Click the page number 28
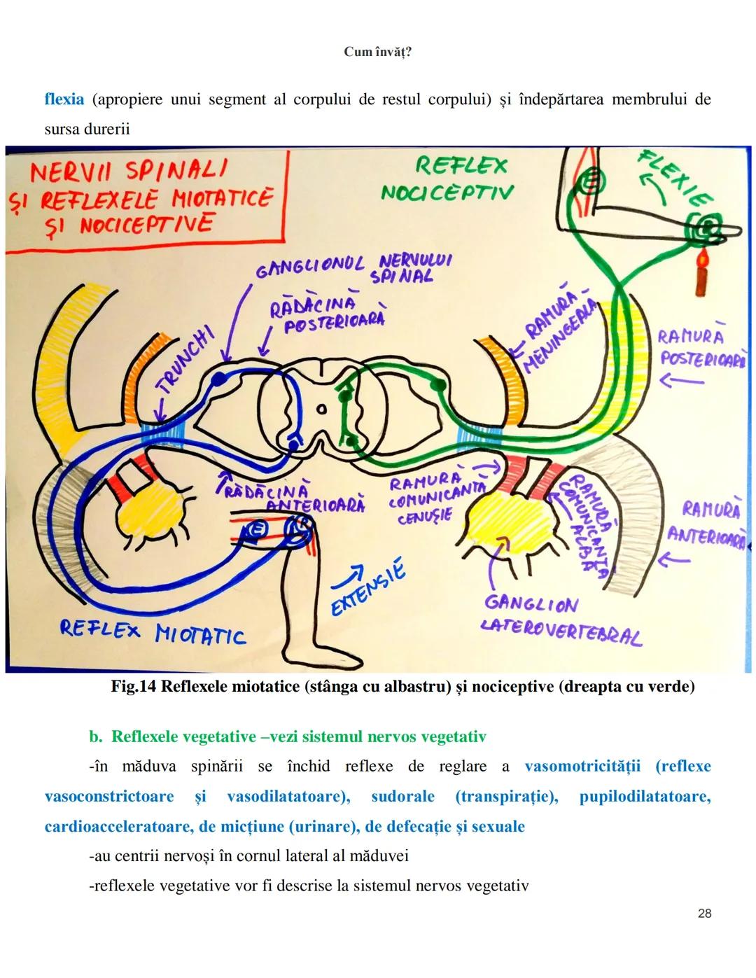[x=704, y=913]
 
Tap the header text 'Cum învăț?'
[x=378, y=53]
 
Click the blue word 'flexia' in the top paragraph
[x=64, y=99]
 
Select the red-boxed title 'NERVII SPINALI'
[x=129, y=172]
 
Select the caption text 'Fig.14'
[x=133, y=686]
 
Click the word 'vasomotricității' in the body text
[x=582, y=766]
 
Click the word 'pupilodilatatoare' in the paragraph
[x=644, y=796]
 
